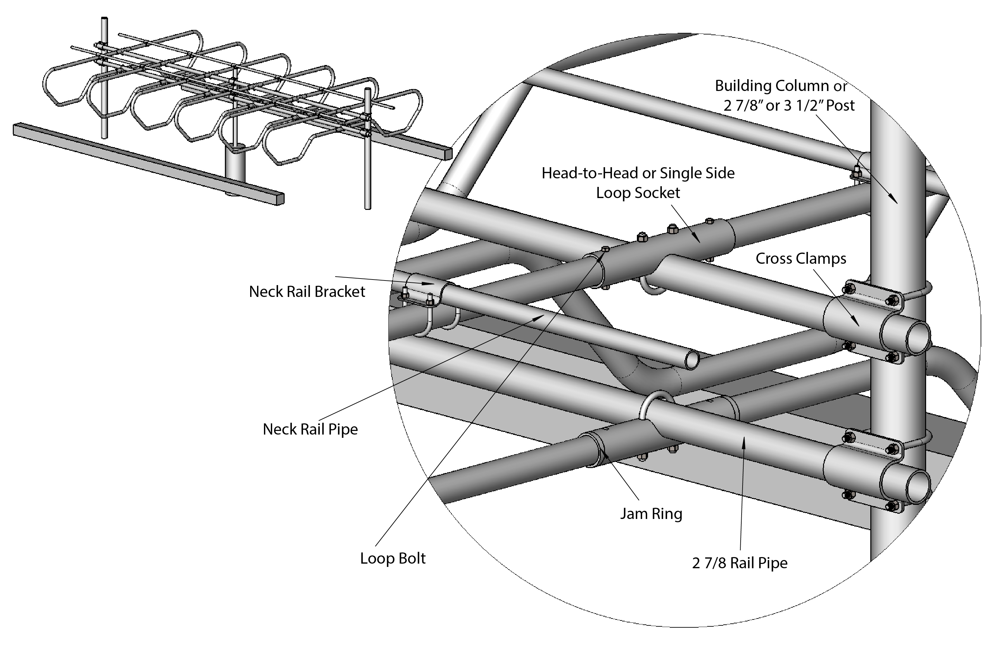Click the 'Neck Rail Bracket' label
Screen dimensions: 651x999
pyautogui.click(x=307, y=291)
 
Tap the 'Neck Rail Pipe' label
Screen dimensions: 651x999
pyautogui.click(x=310, y=429)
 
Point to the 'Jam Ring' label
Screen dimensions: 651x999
pyautogui.click(x=651, y=514)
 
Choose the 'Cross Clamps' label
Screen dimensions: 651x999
pyautogui.click(x=801, y=258)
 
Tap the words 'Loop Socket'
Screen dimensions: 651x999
pyautogui.click(x=638, y=193)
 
